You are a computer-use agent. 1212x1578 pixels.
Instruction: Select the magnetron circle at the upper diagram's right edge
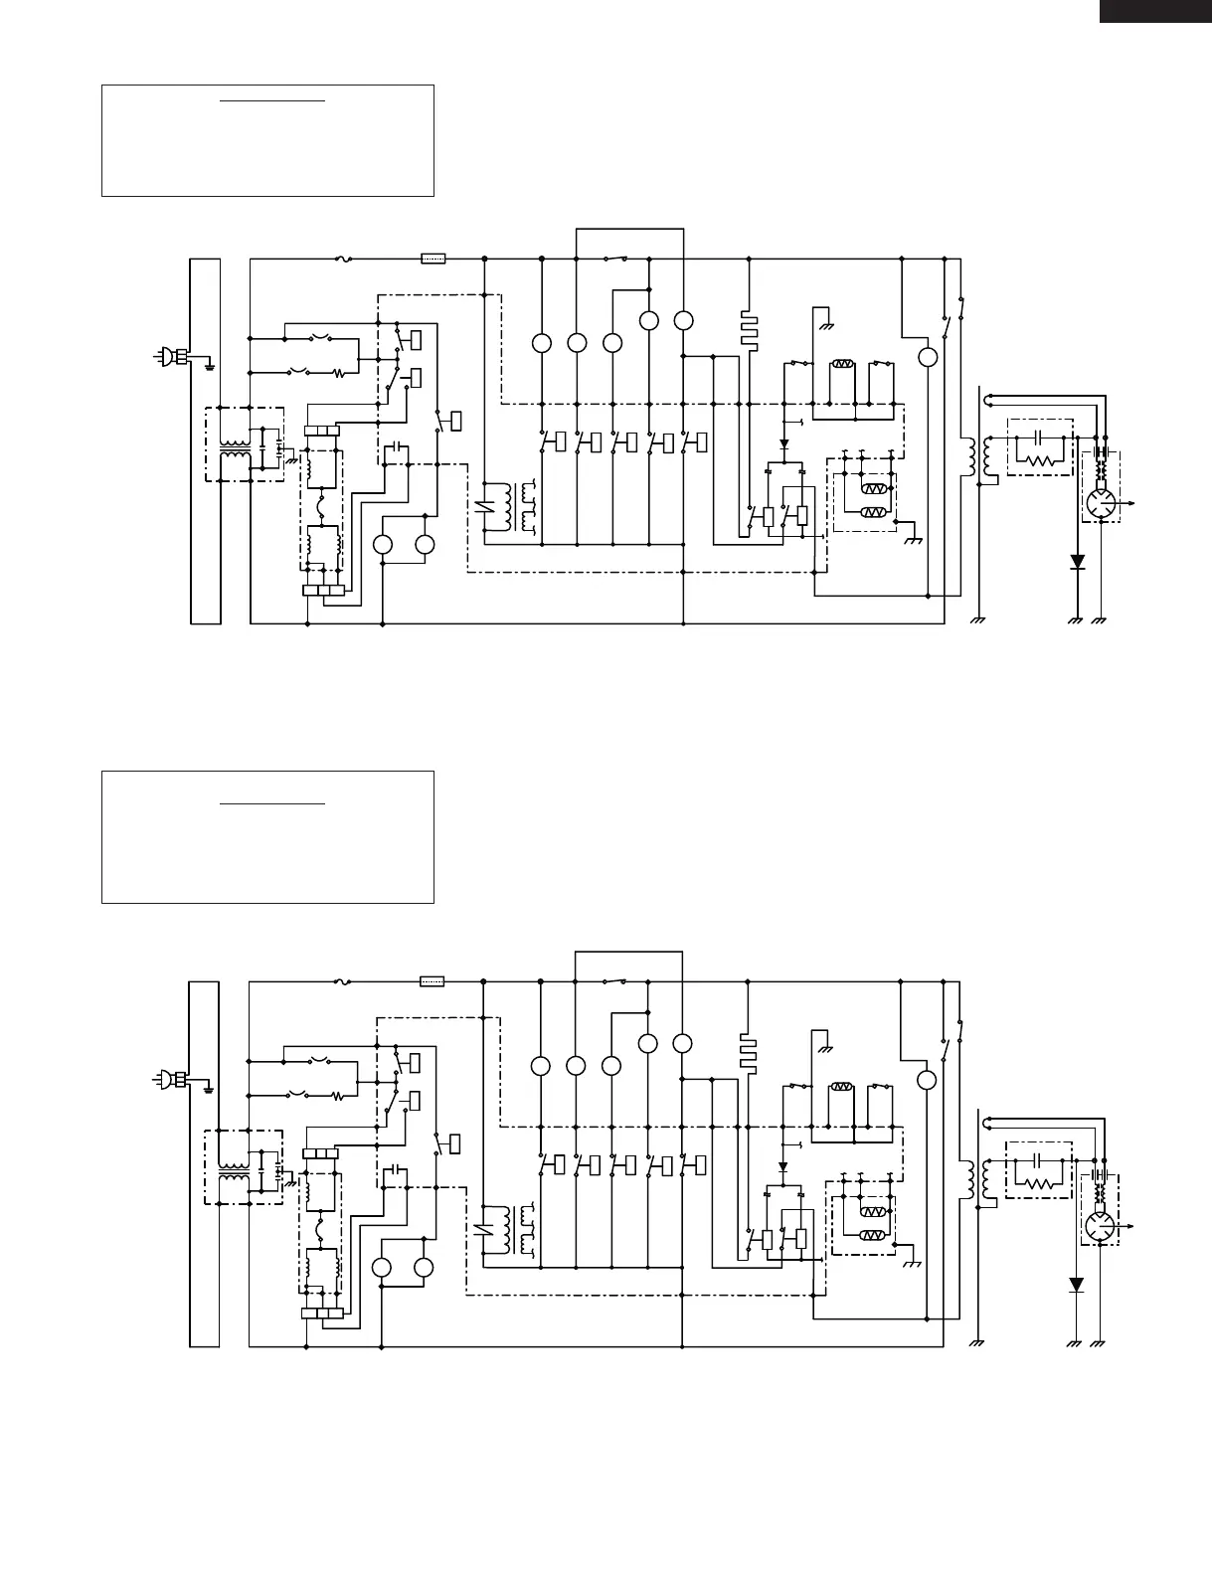point(1099,504)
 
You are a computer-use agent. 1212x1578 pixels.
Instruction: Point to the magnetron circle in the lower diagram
point(1099,1227)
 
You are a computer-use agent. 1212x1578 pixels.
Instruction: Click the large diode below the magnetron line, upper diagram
point(1077,562)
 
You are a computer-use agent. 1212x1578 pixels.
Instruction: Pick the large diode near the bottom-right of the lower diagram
point(1076,1285)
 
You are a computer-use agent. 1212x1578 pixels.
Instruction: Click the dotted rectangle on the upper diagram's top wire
point(433,259)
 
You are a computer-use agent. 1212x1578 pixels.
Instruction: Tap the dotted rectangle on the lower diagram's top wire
point(433,981)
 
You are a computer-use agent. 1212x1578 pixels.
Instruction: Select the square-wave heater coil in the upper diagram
point(748,329)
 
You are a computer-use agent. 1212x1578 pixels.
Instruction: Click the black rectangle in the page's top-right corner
point(1154,11)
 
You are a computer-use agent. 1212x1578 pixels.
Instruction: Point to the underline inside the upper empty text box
point(272,100)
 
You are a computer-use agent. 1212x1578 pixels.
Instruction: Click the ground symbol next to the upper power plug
point(210,364)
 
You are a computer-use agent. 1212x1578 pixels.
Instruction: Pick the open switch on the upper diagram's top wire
point(614,259)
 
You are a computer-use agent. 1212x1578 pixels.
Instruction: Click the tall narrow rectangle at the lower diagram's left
point(205,1164)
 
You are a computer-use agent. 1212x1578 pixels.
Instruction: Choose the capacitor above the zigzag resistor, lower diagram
point(1038,1159)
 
